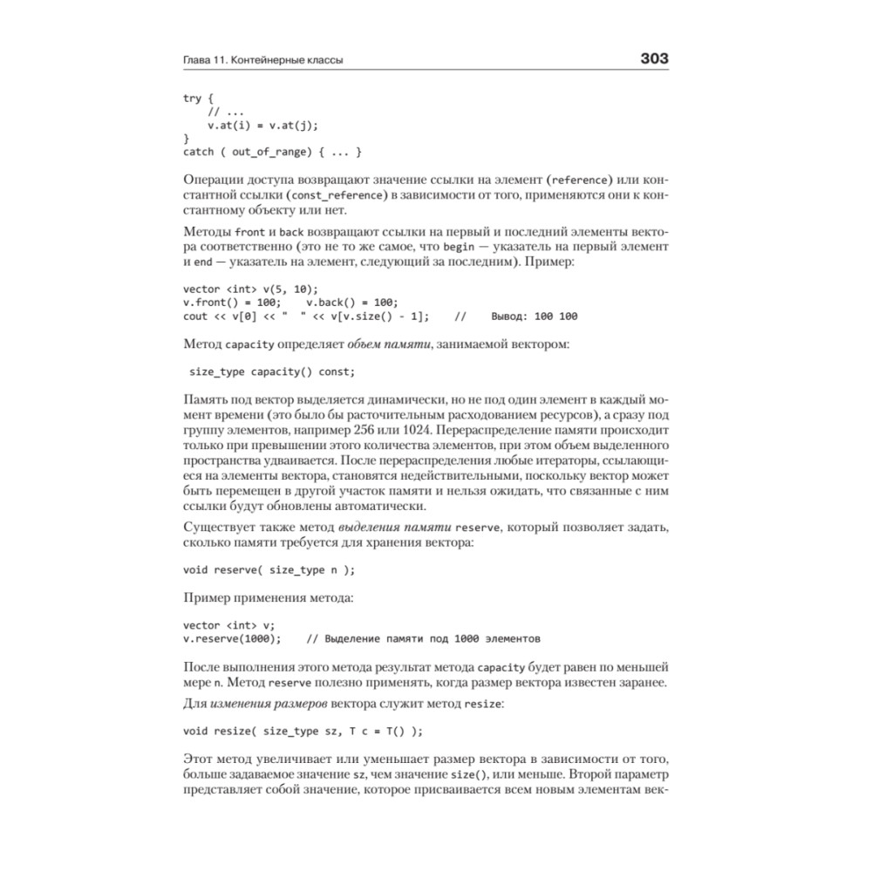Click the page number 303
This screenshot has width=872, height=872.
coord(654,59)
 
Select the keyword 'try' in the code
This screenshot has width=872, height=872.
coord(192,99)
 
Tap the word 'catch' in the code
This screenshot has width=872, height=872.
coord(198,152)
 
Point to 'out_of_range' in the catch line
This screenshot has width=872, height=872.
coord(269,152)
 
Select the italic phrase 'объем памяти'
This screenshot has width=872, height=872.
coord(388,344)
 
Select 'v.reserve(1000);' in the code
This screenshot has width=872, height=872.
coord(232,638)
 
